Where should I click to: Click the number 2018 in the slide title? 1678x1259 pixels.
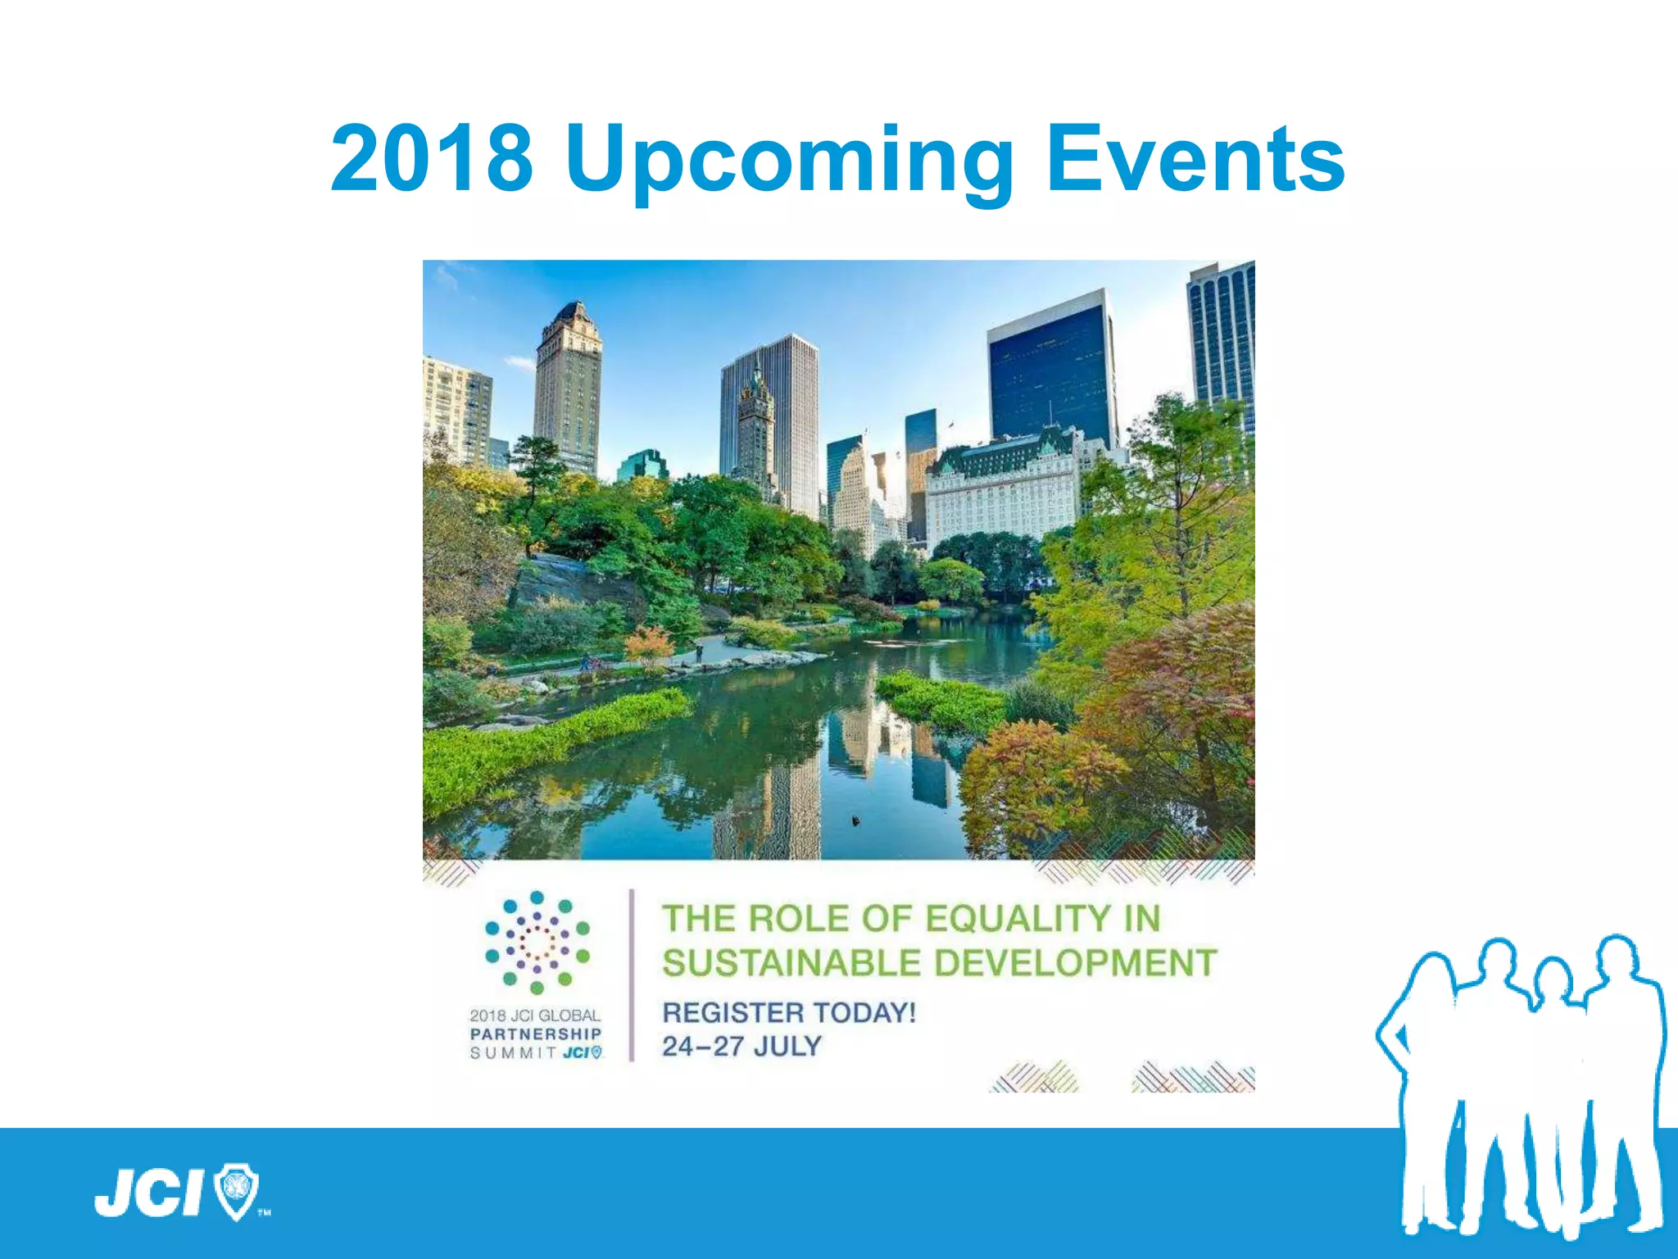pyautogui.click(x=432, y=158)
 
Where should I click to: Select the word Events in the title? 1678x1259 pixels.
pyautogui.click(x=1195, y=158)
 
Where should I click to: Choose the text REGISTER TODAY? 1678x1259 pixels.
pyautogui.click(x=788, y=1012)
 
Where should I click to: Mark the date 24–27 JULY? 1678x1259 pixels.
pyautogui.click(x=741, y=1047)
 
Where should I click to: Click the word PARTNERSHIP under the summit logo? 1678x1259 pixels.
pyautogui.click(x=536, y=1034)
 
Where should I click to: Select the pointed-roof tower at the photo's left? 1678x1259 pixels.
pyautogui.click(x=569, y=385)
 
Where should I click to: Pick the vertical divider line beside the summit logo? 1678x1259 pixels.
pyautogui.click(x=632, y=975)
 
